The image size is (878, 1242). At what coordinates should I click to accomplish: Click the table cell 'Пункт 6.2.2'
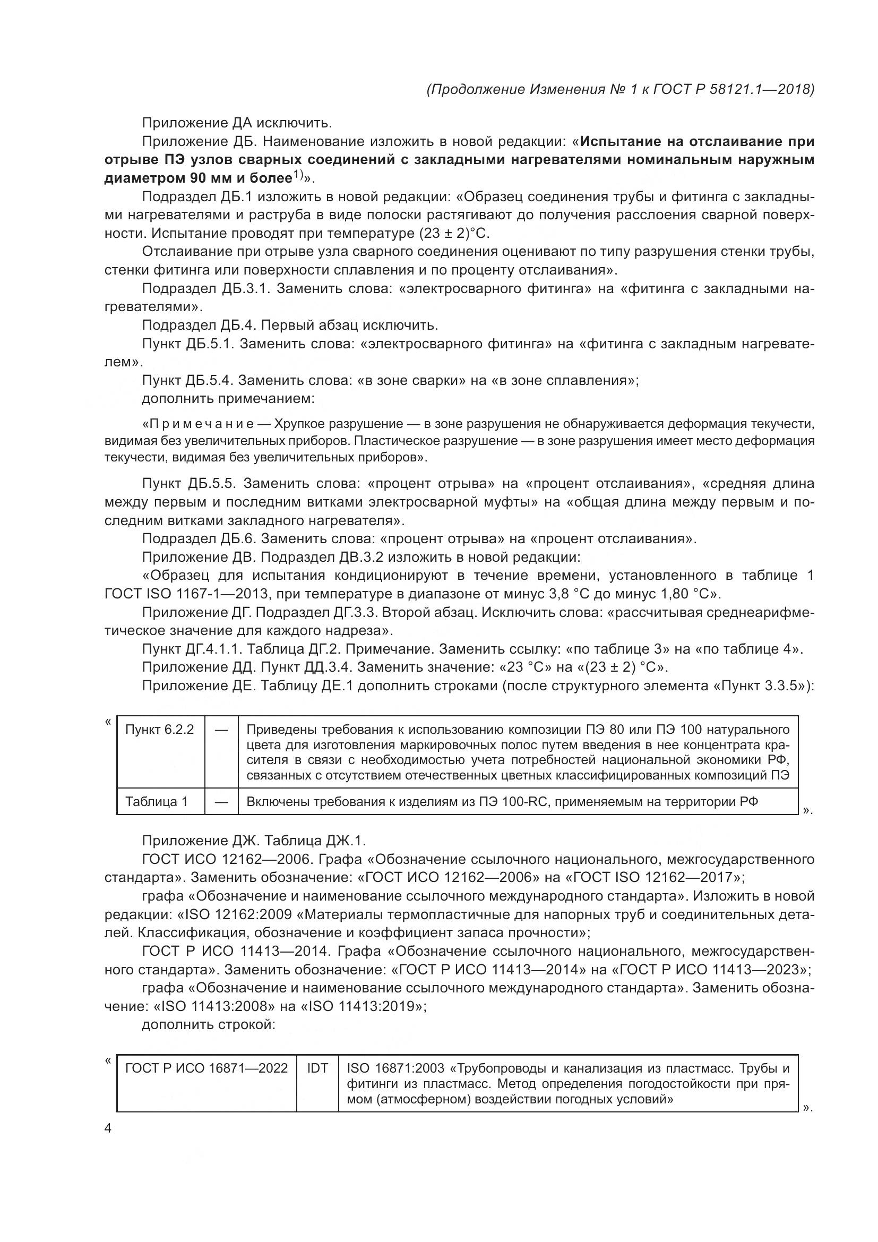[x=159, y=730]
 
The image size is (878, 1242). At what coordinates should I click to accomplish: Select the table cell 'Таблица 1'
[x=156, y=802]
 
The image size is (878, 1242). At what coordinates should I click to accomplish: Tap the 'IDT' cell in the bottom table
[x=317, y=1068]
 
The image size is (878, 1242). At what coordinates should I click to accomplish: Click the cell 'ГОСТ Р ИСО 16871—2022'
[x=206, y=1068]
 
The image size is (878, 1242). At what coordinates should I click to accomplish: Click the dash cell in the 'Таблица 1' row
[x=221, y=802]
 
